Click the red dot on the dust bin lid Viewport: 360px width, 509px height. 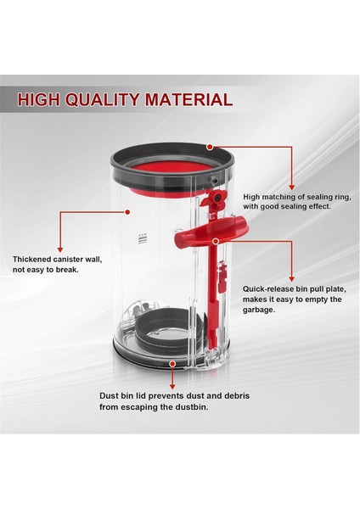(x=173, y=363)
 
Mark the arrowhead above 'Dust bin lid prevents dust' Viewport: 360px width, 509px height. (x=173, y=387)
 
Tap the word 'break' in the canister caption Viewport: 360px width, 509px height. (x=76, y=272)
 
